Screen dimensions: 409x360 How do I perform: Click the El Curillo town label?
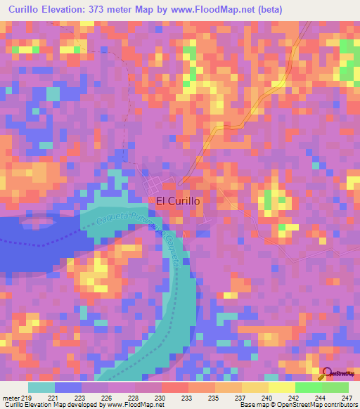point(178,201)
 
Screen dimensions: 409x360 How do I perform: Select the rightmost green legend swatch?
point(335,388)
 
